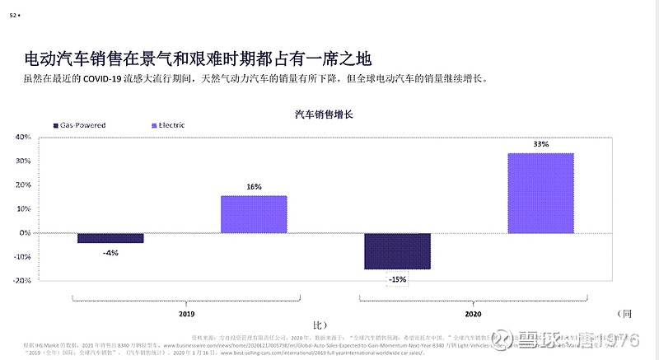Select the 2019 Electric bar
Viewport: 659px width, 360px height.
click(254, 214)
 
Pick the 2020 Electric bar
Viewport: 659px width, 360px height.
click(540, 193)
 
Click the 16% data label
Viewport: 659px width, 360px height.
click(254, 187)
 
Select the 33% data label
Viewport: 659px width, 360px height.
click(540, 144)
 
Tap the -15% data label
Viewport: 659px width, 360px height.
click(397, 279)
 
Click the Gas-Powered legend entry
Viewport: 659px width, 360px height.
click(82, 125)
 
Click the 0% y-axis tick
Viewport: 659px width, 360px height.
click(25, 233)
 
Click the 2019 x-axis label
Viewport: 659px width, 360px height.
click(186, 314)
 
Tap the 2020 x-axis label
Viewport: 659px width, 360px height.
click(473, 314)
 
